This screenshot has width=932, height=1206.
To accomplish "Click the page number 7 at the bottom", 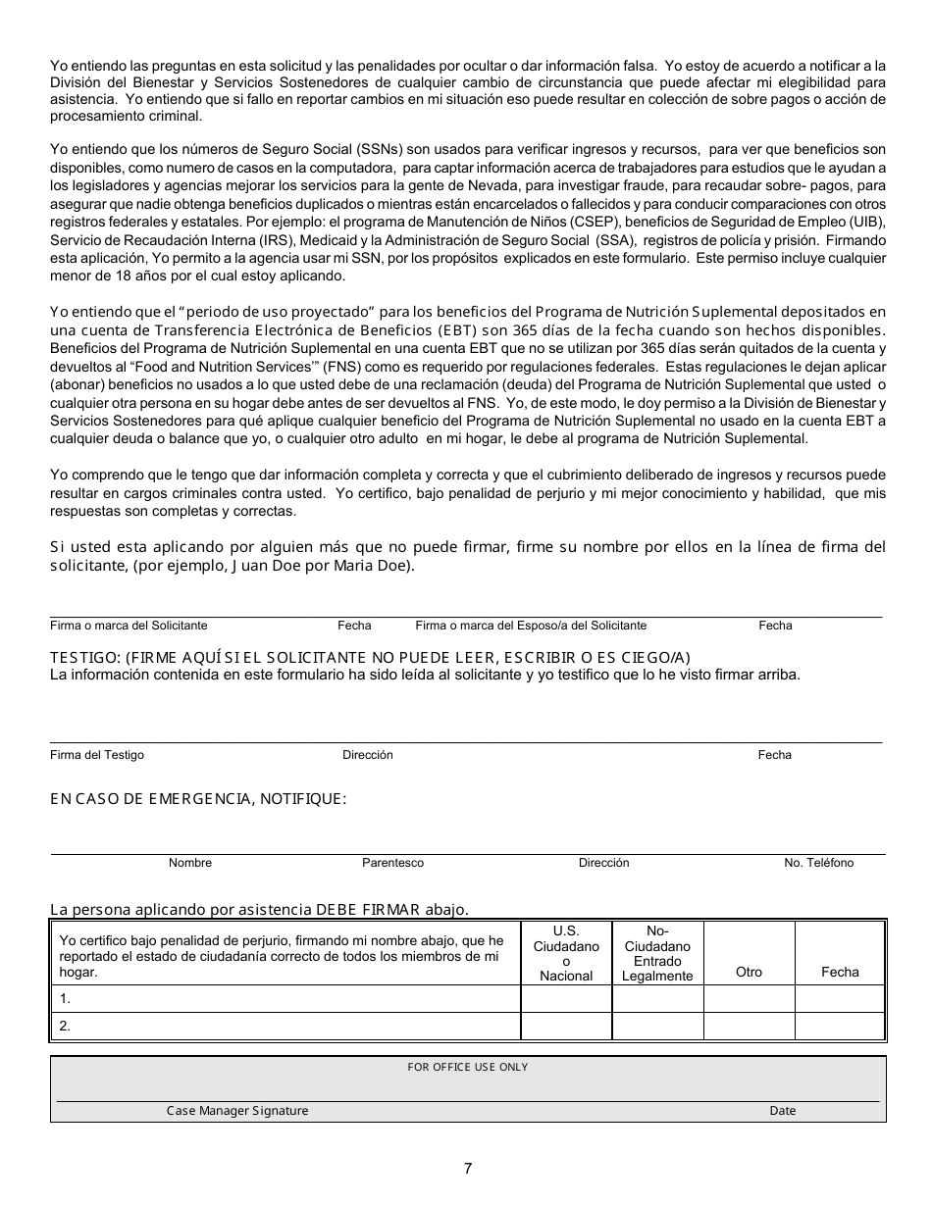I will coord(468,1168).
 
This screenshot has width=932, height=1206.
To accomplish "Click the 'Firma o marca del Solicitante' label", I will coord(129,626).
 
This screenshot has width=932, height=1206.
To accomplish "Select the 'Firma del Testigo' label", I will coord(97,755).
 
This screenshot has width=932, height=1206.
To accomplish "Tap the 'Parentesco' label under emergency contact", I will coord(392,863).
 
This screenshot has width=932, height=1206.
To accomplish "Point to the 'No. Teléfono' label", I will coord(818,863).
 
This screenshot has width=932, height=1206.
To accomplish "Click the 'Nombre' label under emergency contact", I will coord(190,863).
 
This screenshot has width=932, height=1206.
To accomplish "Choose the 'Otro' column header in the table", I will coord(749,972).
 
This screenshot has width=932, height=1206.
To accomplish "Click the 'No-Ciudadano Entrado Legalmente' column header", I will coord(657,953).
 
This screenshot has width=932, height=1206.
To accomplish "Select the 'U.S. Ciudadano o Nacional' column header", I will coord(566,953).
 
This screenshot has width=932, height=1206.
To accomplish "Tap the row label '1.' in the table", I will coord(66,999).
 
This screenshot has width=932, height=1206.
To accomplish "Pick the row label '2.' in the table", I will coord(66,1027).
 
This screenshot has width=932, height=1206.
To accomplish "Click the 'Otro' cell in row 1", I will coord(749,999).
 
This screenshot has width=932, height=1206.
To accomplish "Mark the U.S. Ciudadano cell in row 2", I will coord(566,1027).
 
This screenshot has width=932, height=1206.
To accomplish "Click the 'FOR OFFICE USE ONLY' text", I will coord(467,1067).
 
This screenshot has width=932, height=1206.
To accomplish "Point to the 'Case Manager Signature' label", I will coord(237,1111).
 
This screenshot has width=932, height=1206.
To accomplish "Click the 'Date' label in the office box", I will coord(783,1111).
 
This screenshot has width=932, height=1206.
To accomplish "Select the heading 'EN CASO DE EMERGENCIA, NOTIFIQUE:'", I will coord(198,799).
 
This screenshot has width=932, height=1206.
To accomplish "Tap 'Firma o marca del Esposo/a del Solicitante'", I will coord(531,626).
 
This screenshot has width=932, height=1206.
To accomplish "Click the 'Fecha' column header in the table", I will coord(840,972).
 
